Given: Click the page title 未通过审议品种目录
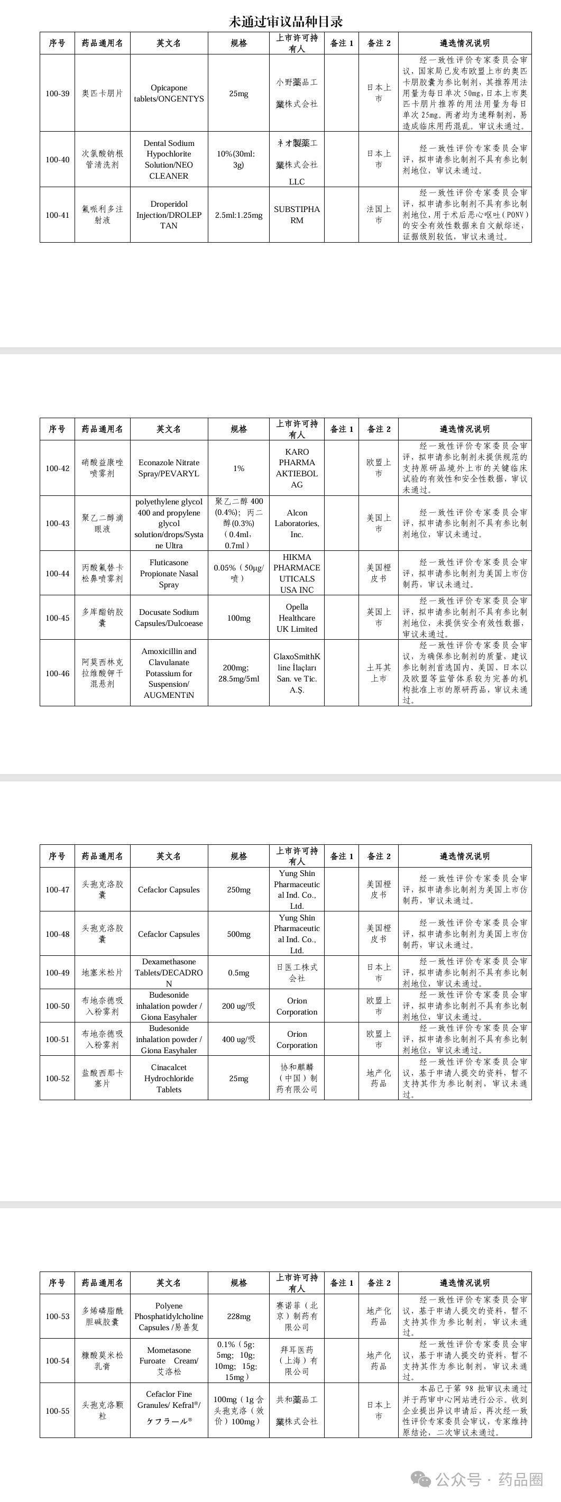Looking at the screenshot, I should tap(286, 22).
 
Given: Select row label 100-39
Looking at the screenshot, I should tap(57, 93).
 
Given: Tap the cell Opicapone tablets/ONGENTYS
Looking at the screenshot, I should tap(169, 93).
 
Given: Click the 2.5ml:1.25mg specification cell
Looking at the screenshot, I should tap(238, 215).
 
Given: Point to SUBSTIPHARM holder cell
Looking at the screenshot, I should tap(297, 215).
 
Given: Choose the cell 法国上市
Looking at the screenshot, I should tap(379, 215).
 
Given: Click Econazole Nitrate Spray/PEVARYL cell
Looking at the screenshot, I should tap(169, 468).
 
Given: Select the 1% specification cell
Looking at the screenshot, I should tap(238, 468).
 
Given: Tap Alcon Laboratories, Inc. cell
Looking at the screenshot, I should tap(297, 523).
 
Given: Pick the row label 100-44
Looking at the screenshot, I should tap(57, 573).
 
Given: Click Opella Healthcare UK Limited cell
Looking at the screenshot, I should tap(297, 618).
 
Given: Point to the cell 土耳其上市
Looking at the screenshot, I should tap(379, 673).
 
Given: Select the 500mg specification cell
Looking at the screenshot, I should tap(238, 934).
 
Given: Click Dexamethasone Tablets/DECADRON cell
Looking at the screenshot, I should tap(169, 973).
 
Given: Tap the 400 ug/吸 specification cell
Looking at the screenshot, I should tap(238, 1039).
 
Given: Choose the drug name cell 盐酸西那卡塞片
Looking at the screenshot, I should tap(102, 1078).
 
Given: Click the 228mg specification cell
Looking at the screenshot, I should tap(238, 1316).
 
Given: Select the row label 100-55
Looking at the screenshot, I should tap(57, 1411).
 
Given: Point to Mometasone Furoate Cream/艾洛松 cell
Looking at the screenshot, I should tap(169, 1361).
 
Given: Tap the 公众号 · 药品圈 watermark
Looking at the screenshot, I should tap(478, 1479).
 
